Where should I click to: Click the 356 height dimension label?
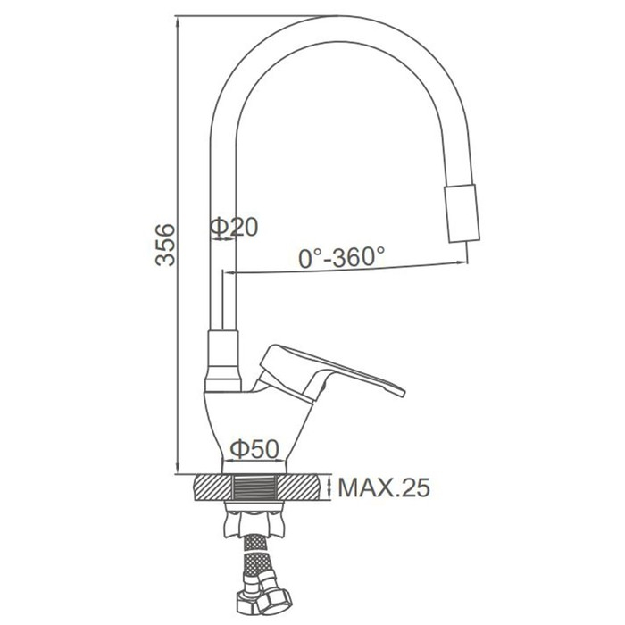[165, 245]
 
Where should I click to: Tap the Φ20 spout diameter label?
[234, 227]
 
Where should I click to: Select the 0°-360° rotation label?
[342, 257]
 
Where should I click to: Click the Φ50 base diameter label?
[254, 449]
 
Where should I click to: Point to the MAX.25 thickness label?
[384, 487]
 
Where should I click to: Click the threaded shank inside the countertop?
[254, 487]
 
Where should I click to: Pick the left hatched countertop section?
[212, 487]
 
